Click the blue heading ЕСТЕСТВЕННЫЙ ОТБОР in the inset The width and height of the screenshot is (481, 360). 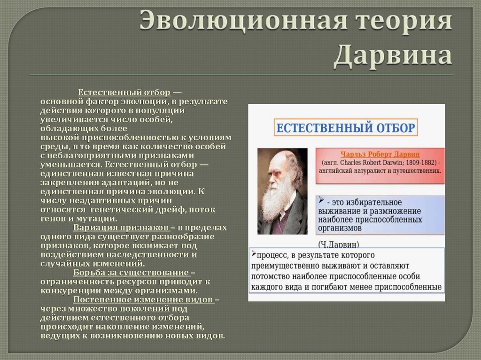345,128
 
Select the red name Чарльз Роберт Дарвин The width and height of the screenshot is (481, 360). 380,154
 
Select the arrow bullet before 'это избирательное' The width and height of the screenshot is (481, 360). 320,200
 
